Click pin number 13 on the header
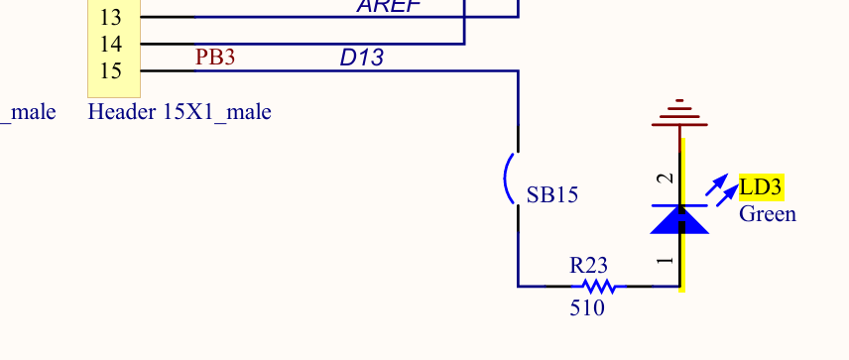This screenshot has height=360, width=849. coord(111,18)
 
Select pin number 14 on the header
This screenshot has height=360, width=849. coord(111,45)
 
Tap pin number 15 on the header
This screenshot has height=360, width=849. coord(111,71)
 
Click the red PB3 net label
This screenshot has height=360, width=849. coord(215,58)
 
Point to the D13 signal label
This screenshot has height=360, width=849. coord(361,58)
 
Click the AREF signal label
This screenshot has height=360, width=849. coord(389,6)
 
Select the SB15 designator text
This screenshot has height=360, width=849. coord(551,195)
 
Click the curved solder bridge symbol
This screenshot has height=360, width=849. coord(510,179)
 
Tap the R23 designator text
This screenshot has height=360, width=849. coord(588,266)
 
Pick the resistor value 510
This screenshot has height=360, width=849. coord(587,308)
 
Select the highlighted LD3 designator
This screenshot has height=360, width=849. coord(761,187)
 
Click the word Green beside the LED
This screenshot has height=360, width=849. coord(767,214)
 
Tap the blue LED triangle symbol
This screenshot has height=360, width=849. coord(679,219)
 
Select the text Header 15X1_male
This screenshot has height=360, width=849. coord(180,112)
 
